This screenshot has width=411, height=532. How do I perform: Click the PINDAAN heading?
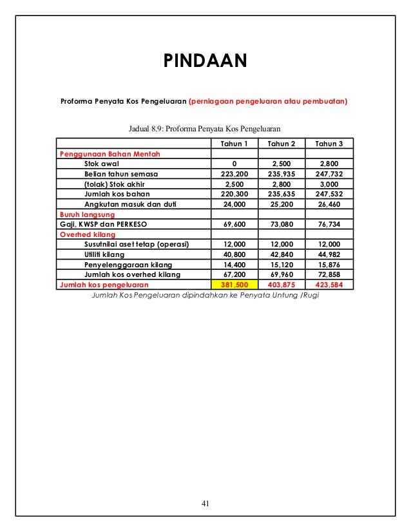coord(205,61)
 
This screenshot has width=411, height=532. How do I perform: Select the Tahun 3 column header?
coord(329,143)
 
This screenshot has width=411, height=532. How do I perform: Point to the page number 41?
coord(205,504)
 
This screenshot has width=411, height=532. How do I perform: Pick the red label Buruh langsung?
coord(87,214)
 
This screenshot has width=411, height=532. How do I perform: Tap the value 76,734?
coord(329,224)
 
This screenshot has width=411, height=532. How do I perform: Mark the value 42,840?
coord(282,254)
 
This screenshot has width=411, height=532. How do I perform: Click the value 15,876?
coord(329,264)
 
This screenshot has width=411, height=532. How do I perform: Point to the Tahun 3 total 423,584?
coord(329,283)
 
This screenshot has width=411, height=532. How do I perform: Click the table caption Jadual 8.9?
coord(205,129)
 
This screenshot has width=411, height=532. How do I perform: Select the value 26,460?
coord(329,204)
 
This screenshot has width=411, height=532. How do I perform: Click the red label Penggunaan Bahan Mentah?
coord(110,154)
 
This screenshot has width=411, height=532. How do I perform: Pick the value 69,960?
coord(282,274)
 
